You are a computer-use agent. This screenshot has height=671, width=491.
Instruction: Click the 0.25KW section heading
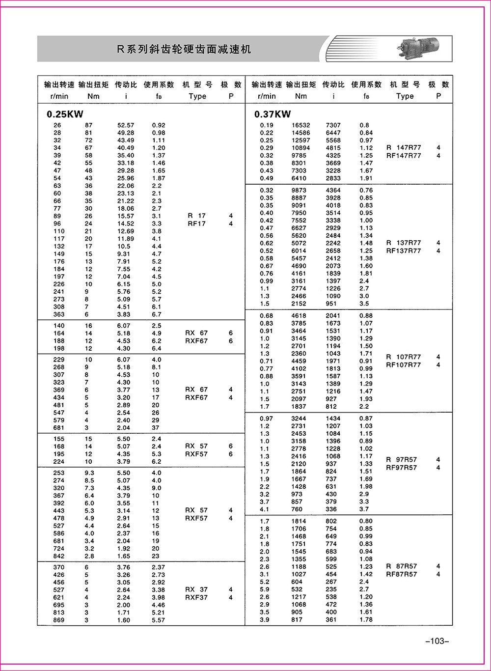click(64, 114)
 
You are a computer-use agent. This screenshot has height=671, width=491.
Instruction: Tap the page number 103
click(436, 641)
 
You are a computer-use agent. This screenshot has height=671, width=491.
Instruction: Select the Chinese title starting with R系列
click(184, 49)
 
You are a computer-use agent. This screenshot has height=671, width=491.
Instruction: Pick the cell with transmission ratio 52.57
click(125, 125)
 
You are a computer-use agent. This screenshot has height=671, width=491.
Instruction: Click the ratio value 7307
click(333, 125)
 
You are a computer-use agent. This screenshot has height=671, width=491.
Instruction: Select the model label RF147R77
click(404, 156)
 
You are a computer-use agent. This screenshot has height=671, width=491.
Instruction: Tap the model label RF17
click(196, 224)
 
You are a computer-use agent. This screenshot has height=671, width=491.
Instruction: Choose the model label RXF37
click(196, 597)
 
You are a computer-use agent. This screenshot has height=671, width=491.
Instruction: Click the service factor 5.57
click(159, 620)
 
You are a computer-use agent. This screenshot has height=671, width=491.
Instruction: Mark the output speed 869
click(59, 620)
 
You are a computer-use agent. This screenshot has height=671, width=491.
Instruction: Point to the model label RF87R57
click(402, 574)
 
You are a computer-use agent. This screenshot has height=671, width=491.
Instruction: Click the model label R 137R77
click(404, 243)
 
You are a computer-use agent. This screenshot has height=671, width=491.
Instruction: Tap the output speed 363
click(59, 314)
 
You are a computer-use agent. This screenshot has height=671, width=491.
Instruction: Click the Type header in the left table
click(197, 96)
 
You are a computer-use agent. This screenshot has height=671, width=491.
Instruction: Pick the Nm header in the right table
click(301, 96)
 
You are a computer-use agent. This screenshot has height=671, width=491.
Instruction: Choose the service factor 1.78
click(366, 619)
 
